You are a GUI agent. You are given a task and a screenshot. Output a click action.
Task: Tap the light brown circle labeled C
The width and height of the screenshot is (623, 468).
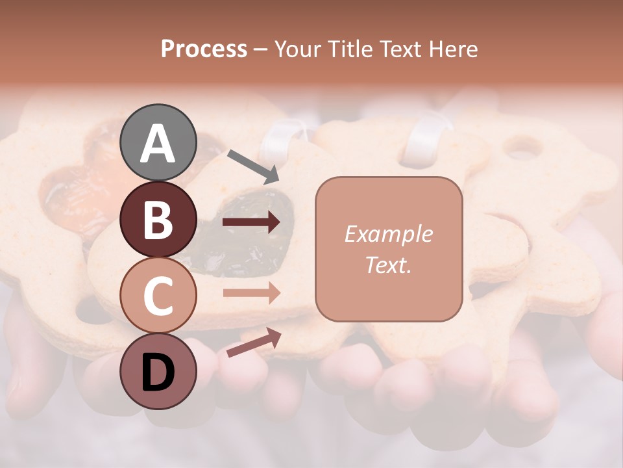tap(158, 296)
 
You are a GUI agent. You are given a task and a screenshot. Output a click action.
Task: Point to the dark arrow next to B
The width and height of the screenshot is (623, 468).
tap(251, 222)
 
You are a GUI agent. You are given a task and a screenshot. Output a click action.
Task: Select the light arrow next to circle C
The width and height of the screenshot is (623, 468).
tap(251, 292)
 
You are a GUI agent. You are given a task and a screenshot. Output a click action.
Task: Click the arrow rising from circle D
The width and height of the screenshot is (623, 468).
tap(254, 342)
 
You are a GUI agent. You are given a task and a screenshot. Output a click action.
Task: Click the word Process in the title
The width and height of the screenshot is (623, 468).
tap(204, 49)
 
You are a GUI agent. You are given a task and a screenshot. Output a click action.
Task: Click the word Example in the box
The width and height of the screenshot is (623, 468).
tap(388, 234)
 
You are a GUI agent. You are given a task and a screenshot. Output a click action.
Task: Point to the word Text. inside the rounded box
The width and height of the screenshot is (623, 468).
tap(388, 265)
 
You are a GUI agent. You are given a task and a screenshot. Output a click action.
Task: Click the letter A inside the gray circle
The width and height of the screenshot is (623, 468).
tap(158, 144)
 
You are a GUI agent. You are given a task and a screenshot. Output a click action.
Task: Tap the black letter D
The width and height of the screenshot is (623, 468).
tap(158, 372)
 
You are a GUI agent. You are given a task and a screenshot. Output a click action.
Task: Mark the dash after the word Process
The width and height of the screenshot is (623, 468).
tap(260, 49)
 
